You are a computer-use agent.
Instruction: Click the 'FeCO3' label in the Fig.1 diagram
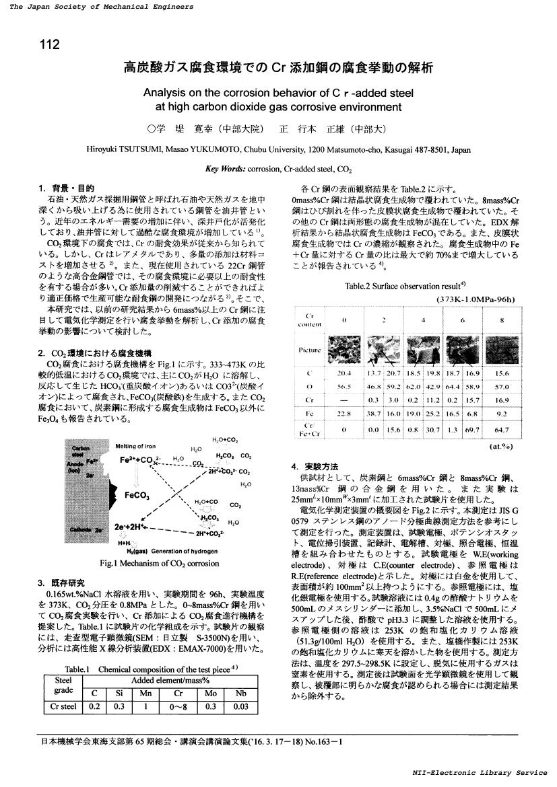pyautogui.click(x=137, y=495)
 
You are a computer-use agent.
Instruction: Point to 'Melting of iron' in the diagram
pyautogui.click(x=136, y=446)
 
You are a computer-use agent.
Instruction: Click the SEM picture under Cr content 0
pyautogui.click(x=343, y=350)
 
